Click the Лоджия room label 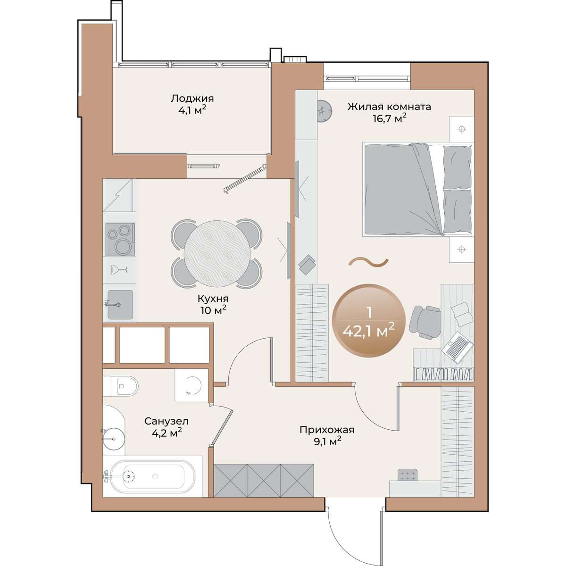(x=192, y=98)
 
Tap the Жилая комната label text (x=389, y=106)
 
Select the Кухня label (x=213, y=299)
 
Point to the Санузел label (x=166, y=421)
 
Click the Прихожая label (x=327, y=430)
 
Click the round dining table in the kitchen (x=217, y=254)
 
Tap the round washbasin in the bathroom (x=114, y=439)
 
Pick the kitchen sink (x=120, y=304)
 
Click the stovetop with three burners (x=120, y=239)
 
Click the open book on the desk (x=462, y=314)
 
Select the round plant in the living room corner (x=325, y=111)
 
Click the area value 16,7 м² (x=390, y=118)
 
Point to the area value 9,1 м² (x=327, y=441)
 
